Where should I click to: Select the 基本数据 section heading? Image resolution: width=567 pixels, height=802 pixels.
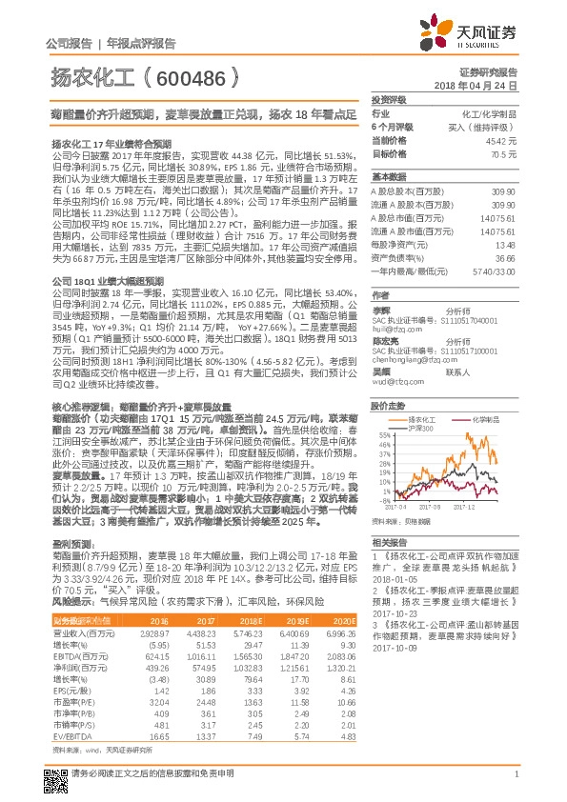[x=388, y=177]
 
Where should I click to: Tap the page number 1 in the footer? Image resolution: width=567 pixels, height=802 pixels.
[x=515, y=772]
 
